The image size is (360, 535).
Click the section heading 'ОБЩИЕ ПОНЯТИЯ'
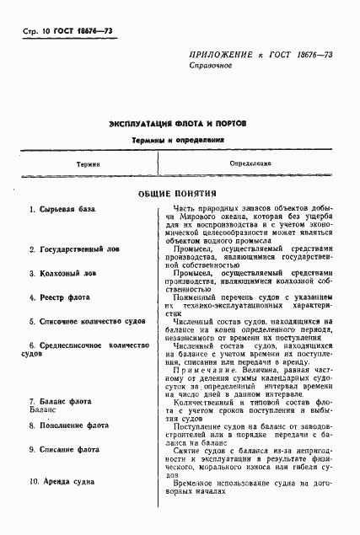pyautogui.click(x=178, y=193)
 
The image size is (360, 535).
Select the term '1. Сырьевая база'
pyautogui.click(x=62, y=209)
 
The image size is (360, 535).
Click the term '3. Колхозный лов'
pyautogui.click(x=62, y=273)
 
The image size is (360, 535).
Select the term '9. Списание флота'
pyautogui.click(x=64, y=450)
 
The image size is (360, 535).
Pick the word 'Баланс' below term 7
pyautogui.click(x=40, y=410)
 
